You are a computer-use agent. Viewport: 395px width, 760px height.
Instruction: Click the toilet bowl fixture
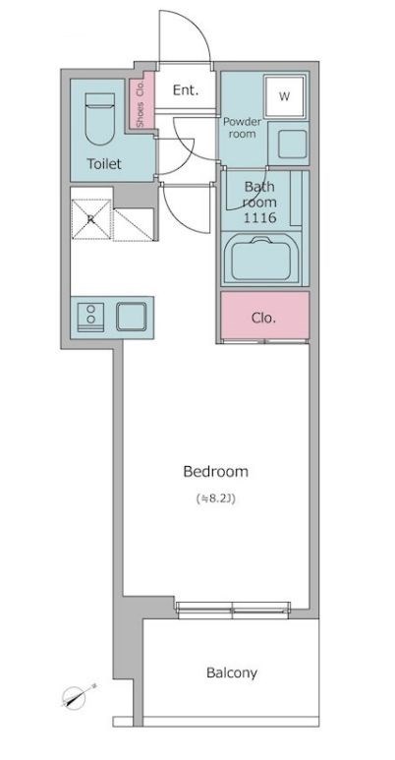(100, 118)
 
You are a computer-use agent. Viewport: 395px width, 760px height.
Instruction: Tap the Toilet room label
(104, 164)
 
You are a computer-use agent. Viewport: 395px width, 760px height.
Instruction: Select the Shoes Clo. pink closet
(141, 100)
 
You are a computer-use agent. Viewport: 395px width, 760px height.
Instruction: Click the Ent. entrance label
(186, 90)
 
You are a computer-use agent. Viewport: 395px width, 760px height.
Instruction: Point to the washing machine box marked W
(285, 96)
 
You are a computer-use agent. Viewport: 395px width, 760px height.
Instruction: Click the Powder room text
(242, 128)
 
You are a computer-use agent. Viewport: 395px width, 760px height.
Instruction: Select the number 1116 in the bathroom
(259, 217)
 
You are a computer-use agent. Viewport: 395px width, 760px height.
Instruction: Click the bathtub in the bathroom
(260, 261)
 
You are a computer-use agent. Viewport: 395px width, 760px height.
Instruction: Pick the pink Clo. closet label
(263, 318)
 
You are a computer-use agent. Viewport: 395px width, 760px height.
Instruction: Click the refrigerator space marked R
(91, 219)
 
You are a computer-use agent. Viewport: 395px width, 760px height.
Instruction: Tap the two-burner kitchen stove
(90, 317)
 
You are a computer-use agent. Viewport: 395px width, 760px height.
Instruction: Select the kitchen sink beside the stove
(132, 317)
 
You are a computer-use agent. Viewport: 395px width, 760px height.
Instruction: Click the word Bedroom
(215, 471)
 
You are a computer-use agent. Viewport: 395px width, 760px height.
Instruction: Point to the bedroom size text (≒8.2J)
(215, 497)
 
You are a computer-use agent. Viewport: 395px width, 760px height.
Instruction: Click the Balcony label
(232, 672)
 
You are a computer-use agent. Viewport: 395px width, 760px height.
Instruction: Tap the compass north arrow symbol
(78, 696)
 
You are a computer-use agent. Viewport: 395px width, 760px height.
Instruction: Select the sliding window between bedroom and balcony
(233, 611)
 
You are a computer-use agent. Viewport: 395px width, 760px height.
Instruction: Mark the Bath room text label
(259, 194)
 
